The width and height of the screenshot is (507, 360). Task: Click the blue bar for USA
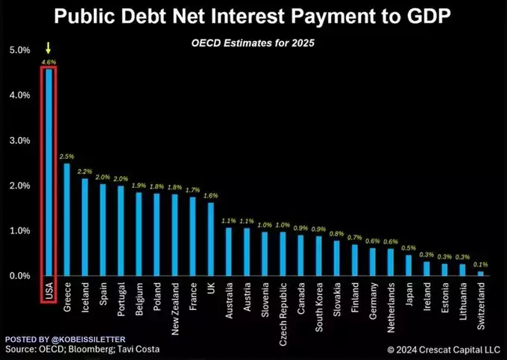pos(48,171)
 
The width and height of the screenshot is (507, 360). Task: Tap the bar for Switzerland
pos(481,273)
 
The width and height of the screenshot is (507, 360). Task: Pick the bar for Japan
pos(409,265)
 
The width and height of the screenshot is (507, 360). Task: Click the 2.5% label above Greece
pos(66,157)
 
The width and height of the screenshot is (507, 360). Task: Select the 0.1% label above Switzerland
pos(481,264)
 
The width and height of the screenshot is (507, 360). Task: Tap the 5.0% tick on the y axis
pos(19,50)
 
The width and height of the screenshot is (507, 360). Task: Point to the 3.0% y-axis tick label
pos(19,140)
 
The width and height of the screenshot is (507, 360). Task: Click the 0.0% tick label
pos(19,276)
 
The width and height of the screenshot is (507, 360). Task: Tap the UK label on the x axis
pos(211,288)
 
